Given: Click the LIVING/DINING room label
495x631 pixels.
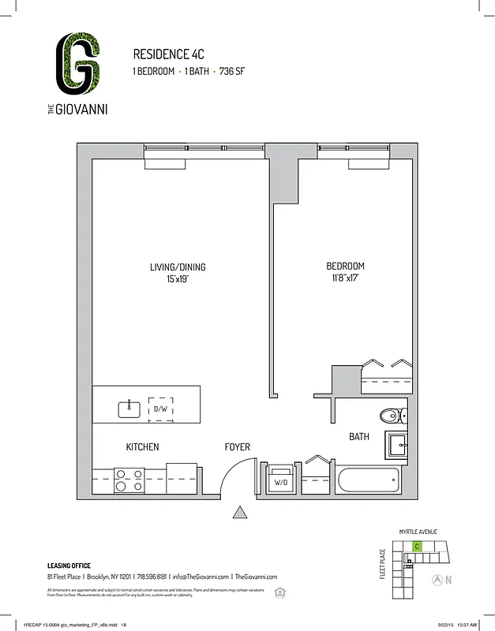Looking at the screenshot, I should pyautogui.click(x=177, y=267).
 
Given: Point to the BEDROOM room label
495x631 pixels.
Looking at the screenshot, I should pyautogui.click(x=345, y=267).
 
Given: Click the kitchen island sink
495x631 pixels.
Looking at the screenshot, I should pyautogui.click(x=129, y=409).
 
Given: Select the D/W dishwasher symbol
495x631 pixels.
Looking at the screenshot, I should pyautogui.click(x=161, y=409).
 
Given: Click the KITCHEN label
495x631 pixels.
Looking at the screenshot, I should pyautogui.click(x=142, y=447).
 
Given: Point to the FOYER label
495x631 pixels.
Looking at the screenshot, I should pyautogui.click(x=237, y=447).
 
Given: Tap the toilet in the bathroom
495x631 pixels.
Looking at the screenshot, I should pyautogui.click(x=389, y=416).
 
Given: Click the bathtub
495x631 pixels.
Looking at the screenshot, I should pyautogui.click(x=369, y=479).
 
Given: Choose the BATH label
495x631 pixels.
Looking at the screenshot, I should pyautogui.click(x=359, y=436).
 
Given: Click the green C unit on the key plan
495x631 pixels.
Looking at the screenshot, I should pyautogui.click(x=417, y=546).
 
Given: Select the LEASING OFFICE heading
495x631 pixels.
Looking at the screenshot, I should pyautogui.click(x=69, y=566).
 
